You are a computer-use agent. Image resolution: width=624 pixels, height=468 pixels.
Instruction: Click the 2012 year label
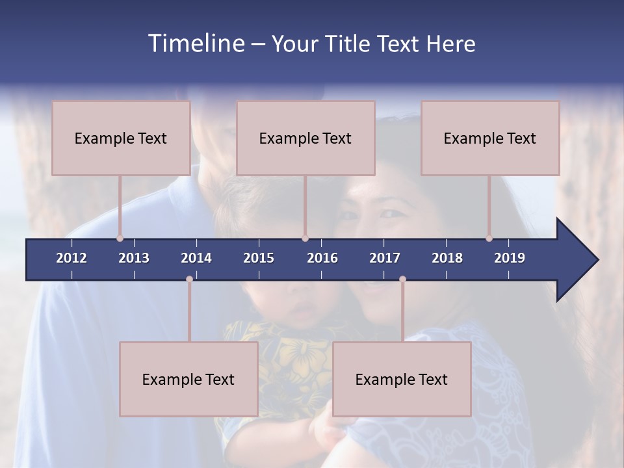pyautogui.click(x=71, y=258)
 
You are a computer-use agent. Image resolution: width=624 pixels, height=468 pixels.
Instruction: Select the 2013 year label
pyautogui.click(x=134, y=258)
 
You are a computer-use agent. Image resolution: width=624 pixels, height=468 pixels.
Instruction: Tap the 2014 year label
pyautogui.click(x=196, y=258)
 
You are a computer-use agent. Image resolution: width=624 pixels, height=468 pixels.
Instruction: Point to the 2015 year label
pyautogui.click(x=259, y=258)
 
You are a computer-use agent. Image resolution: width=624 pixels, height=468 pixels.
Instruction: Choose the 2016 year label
pyautogui.click(x=322, y=258)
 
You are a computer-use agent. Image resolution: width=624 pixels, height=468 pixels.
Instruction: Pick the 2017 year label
pyautogui.click(x=385, y=258)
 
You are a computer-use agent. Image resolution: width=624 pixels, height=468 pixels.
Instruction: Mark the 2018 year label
pyautogui.click(x=447, y=258)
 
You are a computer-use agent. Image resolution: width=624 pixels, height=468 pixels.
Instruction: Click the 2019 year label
pyautogui.click(x=510, y=258)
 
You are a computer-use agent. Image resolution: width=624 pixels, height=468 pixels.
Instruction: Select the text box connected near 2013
pyautogui.click(x=121, y=138)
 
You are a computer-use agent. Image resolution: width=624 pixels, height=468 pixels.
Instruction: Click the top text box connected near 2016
pyautogui.click(x=305, y=138)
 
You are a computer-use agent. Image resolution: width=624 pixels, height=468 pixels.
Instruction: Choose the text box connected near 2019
pyautogui.click(x=490, y=138)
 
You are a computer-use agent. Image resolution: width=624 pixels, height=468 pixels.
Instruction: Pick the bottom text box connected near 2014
pyautogui.click(x=188, y=379)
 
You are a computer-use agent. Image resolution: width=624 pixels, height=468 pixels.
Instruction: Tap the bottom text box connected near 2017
pyautogui.click(x=402, y=379)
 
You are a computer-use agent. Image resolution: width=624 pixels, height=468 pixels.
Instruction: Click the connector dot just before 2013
pyautogui.click(x=120, y=239)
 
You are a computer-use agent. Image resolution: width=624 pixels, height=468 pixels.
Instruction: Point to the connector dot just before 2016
pyautogui.click(x=305, y=239)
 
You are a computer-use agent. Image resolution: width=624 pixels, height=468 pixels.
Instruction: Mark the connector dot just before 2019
pyautogui.click(x=489, y=239)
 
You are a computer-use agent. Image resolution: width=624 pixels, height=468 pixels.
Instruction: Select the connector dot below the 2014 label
pyautogui.click(x=189, y=279)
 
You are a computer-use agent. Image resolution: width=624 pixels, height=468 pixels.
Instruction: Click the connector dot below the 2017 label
pyautogui.click(x=402, y=279)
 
